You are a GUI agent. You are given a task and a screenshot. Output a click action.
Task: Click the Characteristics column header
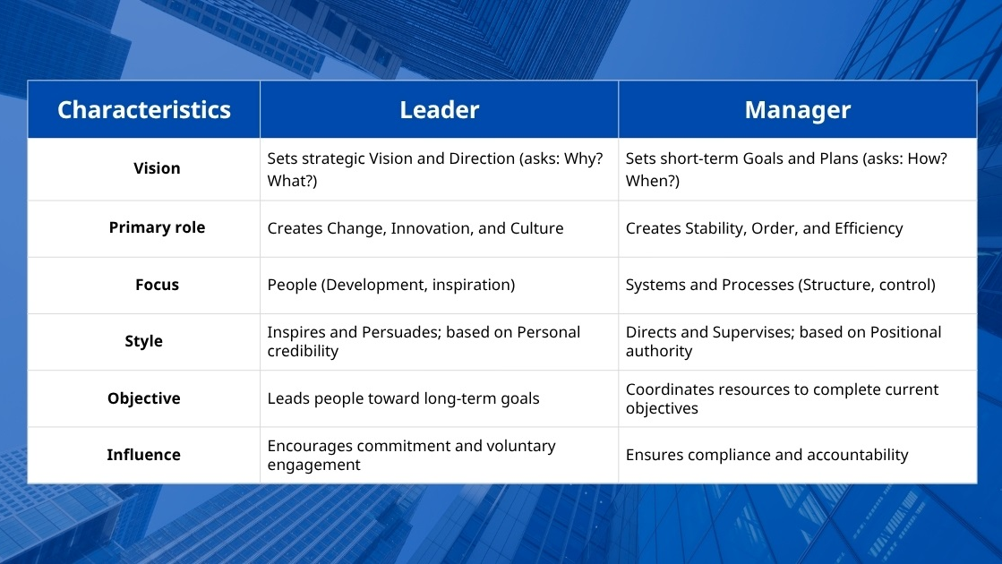coord(144,110)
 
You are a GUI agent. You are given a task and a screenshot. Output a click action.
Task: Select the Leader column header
coord(439,110)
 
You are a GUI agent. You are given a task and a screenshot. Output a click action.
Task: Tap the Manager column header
coord(797,110)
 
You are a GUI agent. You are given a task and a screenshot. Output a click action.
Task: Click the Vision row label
coord(157,168)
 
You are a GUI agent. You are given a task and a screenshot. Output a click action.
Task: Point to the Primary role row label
coord(157,227)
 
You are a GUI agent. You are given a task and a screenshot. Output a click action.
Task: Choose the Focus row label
coord(157,285)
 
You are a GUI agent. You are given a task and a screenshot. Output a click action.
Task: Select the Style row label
coord(144,341)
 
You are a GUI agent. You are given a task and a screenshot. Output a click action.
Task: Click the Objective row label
coord(144,398)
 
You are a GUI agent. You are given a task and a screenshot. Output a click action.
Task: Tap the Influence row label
coord(144,455)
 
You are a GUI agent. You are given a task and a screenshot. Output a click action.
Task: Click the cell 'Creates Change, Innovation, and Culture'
coord(415,228)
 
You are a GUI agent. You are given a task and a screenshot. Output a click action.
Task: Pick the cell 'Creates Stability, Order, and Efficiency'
coord(764,228)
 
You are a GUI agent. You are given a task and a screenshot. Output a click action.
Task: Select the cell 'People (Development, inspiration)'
coord(391,285)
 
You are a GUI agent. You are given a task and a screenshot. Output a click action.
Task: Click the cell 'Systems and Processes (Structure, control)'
coord(780,285)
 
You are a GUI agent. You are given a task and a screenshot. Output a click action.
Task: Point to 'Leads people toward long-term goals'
coord(403,398)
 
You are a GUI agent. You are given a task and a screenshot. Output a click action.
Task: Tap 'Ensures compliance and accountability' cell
coord(766,455)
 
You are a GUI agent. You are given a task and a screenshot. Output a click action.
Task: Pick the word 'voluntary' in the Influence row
coord(520,446)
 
